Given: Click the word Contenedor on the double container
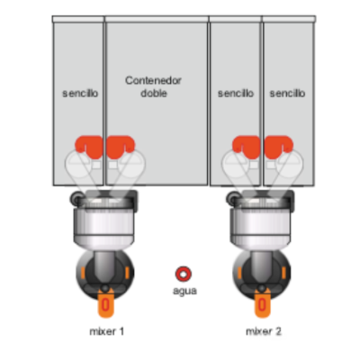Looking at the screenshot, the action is coord(153,81).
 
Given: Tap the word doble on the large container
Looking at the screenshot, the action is coord(154,93).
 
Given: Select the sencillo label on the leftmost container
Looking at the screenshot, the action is coord(80,94).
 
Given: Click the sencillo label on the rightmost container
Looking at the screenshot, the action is coord(287,94).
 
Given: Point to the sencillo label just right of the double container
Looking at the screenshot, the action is coord(236,94).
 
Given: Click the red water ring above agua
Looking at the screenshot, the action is coord(184,274).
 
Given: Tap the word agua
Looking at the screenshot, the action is coord(184,291).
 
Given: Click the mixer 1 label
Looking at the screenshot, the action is coord(107,331).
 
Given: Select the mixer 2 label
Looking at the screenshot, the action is coord(264,331).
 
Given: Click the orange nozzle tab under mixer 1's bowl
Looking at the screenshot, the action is coord(105,303).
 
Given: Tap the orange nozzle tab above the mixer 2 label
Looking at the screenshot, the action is coord(263,303).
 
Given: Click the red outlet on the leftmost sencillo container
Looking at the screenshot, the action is coord(89,147).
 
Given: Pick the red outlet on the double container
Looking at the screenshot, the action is coord(121,147).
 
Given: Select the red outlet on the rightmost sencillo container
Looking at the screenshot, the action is coord(278,147).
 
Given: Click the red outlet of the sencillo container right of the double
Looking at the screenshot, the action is coord(246,147).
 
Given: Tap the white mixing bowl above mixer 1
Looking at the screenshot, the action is coord(104,222).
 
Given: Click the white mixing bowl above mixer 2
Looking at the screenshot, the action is coord(261,222).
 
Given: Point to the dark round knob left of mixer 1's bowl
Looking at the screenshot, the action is coord(76,198).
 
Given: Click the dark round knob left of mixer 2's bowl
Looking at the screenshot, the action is coord(232,198).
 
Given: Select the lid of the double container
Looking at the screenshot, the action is coord(157,19).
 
